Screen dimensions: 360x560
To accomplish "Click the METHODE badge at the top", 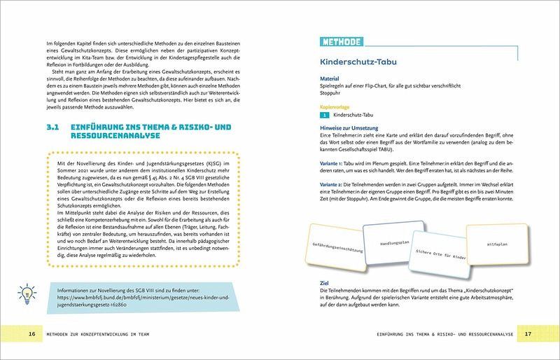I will [x=342, y=41].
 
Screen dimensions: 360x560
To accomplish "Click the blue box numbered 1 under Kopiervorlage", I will [x=325, y=113].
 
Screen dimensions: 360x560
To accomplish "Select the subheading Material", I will [x=329, y=80].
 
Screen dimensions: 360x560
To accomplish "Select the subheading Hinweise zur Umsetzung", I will [x=349, y=128].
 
